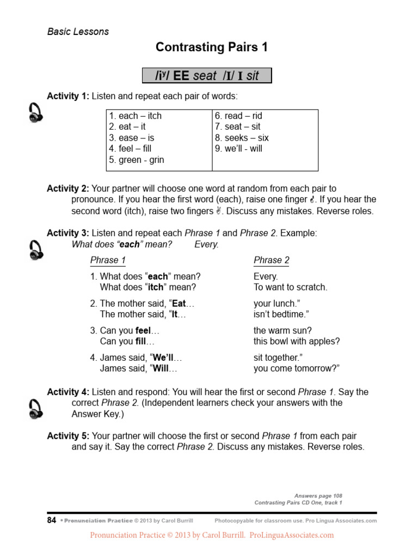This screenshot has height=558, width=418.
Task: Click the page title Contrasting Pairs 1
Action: point(212,47)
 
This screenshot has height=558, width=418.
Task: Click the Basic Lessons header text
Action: point(78,32)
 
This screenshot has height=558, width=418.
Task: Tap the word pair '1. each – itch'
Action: point(136,116)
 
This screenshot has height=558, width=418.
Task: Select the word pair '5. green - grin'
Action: point(137,160)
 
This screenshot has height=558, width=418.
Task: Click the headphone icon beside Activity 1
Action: point(35,113)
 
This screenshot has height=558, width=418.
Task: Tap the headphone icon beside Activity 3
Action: point(35,250)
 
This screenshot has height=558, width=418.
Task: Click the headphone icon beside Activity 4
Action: point(35,409)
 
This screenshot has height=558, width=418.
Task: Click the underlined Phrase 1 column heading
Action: point(108,260)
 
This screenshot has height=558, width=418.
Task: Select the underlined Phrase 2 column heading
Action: point(272,260)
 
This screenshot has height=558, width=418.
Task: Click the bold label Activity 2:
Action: point(67,189)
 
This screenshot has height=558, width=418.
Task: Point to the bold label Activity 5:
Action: point(67,436)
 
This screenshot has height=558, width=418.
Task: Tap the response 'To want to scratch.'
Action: point(290,287)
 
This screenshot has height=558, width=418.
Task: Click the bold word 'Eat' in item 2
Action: point(179,304)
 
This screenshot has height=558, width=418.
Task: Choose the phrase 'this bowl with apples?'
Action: point(297,342)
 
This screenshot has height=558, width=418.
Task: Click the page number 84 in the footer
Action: point(52,520)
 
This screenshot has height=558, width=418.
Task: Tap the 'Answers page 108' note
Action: point(318,496)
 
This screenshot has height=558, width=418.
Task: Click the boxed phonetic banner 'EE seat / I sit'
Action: point(207,76)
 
